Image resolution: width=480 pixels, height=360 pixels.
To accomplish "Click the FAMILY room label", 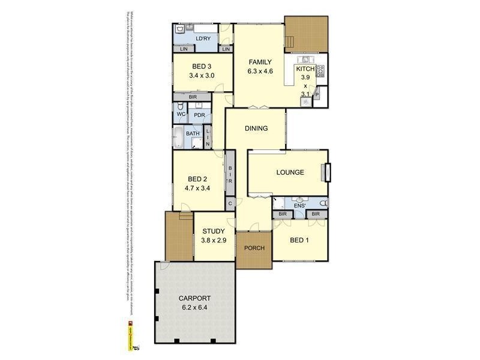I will (260, 62).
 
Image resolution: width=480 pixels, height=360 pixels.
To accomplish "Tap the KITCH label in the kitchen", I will (305, 69).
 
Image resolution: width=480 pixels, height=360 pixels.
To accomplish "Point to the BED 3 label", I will (202, 66).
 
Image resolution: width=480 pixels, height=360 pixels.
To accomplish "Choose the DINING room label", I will (256, 128).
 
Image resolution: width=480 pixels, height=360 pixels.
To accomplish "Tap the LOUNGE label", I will (290, 172).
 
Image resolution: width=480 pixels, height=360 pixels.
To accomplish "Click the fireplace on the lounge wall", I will (325, 172).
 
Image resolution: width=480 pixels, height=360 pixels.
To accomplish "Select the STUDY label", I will (213, 231).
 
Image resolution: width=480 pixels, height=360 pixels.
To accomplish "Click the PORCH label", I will (254, 248).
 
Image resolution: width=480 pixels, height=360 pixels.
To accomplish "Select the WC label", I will (181, 115).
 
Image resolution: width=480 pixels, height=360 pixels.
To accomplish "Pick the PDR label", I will (199, 115).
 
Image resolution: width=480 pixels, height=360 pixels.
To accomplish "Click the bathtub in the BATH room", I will (179, 137).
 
